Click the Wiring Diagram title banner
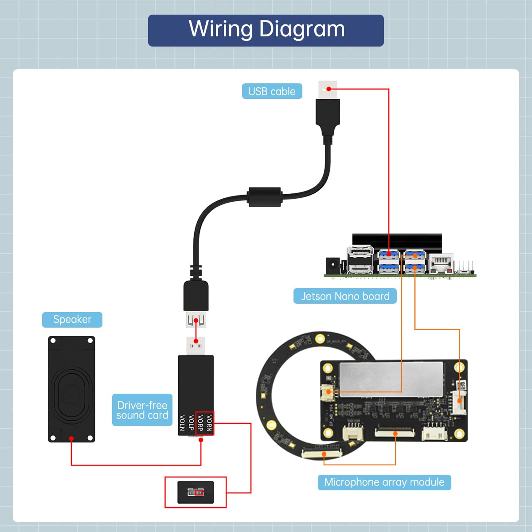click(266, 30)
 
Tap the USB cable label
click(272, 91)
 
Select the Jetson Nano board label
click(345, 296)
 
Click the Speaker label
click(72, 320)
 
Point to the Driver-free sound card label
click(142, 410)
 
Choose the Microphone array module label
click(384, 482)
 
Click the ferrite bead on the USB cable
click(265, 197)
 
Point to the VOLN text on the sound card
click(182, 423)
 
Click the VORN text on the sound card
click(209, 423)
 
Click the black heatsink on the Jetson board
click(397, 243)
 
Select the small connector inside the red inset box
click(196, 492)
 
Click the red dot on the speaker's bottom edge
click(71, 439)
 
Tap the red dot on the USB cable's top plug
click(329, 89)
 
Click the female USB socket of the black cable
click(196, 320)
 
